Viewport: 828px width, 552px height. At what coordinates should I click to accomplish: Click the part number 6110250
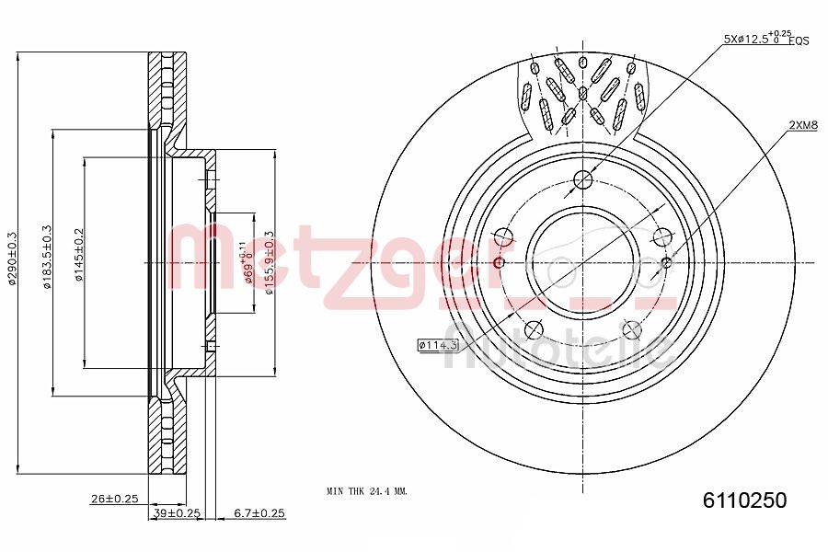tap(744, 500)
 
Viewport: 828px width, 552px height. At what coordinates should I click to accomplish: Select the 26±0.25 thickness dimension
tap(114, 499)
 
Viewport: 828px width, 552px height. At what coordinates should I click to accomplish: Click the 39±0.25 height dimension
tap(177, 512)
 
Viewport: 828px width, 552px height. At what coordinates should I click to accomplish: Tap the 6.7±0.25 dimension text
tap(259, 512)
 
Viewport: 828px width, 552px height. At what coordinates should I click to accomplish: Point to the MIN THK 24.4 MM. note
tap(366, 491)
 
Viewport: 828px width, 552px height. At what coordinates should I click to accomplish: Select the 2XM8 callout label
tap(802, 124)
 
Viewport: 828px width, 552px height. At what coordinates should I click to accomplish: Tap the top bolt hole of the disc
tap(582, 179)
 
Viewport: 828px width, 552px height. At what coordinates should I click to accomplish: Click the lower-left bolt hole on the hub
tap(533, 329)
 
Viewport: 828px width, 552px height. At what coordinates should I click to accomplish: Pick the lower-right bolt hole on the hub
tap(632, 328)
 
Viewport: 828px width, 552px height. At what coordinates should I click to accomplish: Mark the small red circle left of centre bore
tap(500, 263)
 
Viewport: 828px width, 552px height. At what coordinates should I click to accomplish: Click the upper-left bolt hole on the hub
tap(502, 236)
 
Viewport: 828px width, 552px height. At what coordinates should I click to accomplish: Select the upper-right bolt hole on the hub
tap(661, 236)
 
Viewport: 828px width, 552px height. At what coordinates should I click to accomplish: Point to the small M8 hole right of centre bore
tap(667, 263)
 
